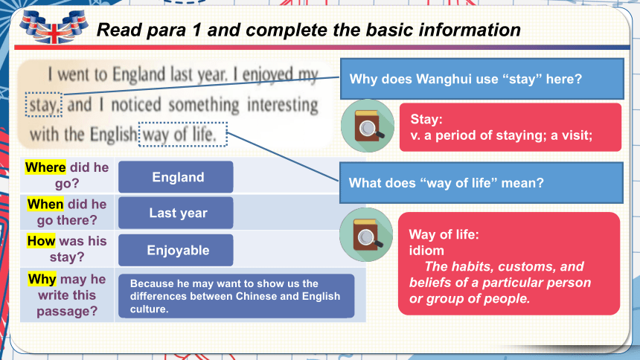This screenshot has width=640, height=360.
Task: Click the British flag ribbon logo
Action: [x=54, y=27]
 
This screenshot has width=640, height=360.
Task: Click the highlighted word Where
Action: [x=45, y=167]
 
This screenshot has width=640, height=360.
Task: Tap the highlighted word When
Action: [x=45, y=204]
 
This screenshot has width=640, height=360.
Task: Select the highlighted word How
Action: [x=41, y=241]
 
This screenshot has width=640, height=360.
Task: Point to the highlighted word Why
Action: [x=42, y=279]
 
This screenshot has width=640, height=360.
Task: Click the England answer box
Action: [x=176, y=177]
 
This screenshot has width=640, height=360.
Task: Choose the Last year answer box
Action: [x=176, y=213]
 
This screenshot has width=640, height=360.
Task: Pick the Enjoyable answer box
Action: [x=176, y=250]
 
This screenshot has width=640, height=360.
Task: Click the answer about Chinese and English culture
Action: [x=237, y=296]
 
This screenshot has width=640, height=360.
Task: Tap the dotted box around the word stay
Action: [x=44, y=104]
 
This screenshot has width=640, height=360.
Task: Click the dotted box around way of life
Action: [x=183, y=135]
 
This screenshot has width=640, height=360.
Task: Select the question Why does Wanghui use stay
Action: [x=482, y=79]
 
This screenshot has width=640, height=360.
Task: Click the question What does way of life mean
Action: [x=481, y=182]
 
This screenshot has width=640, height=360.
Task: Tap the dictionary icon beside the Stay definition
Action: [x=368, y=126]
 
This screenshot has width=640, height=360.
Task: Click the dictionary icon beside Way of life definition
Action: [x=366, y=235]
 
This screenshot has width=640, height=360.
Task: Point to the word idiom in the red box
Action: [x=426, y=250]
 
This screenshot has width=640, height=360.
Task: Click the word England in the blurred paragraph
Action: [x=139, y=74]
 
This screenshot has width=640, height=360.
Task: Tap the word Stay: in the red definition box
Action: [x=426, y=119]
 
